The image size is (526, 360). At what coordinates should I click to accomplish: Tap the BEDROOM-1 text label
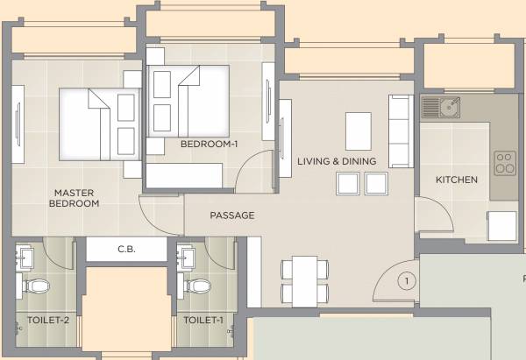coord(203,144)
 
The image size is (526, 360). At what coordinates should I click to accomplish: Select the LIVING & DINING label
coord(336,161)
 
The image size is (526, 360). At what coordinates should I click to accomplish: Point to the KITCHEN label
coord(457,180)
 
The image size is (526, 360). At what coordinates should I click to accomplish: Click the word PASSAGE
coord(231,215)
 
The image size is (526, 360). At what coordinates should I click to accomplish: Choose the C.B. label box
coord(124,250)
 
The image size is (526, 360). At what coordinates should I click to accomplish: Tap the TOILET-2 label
coord(46,321)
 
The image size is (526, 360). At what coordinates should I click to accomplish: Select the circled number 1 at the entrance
coord(405,281)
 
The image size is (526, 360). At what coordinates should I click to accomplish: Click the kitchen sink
coord(440,108)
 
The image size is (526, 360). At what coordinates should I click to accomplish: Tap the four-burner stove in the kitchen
coord(504,164)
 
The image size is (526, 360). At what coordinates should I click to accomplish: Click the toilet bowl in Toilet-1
coord(198,286)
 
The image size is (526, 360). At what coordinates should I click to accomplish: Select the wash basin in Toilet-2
coord(25,257)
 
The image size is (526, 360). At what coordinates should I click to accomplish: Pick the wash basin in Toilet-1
coord(186,257)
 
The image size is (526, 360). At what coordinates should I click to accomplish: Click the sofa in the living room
coord(399,131)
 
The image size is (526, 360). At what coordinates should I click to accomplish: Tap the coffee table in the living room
coord(358,131)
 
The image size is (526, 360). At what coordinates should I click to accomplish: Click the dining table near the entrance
coord(304,279)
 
